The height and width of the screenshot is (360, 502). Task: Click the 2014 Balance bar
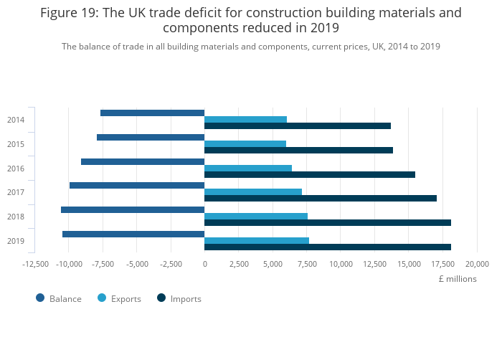pos(152,113)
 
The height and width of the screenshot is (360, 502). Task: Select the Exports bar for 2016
pos(248,169)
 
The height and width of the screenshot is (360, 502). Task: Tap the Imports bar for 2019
pos(328,247)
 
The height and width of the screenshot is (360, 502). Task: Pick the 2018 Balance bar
pos(133,209)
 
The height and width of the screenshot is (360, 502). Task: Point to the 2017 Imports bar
pos(321,199)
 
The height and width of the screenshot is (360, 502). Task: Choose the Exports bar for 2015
pos(245,144)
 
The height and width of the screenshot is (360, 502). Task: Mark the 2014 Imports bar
pos(298,126)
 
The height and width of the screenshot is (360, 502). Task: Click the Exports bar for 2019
pos(257,241)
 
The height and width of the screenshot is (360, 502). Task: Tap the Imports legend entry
pos(185,298)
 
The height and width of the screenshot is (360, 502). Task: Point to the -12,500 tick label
pos(36,264)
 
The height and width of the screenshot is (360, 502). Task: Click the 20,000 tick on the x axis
pos(477,264)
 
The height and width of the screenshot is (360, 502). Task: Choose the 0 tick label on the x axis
pos(204,264)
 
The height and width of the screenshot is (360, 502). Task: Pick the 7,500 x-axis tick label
pos(307,264)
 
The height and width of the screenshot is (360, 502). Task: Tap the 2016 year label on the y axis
pos(16,169)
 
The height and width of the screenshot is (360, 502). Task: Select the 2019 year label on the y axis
pos(16,241)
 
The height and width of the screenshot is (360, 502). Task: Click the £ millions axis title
pos(458,279)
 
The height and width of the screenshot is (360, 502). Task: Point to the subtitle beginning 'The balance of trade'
pos(250,46)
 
